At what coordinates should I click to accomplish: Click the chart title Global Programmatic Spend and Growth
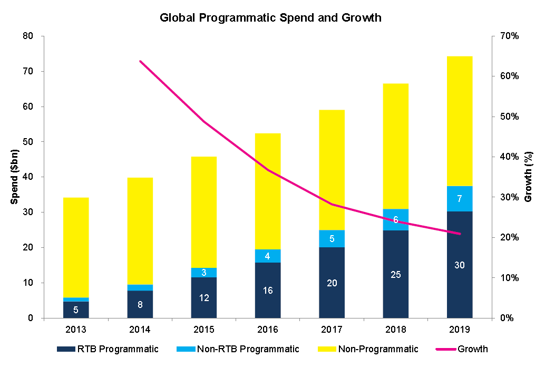pos(270,18)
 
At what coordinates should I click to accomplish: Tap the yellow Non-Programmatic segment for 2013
pos(76,248)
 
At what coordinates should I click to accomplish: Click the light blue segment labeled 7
pos(459,199)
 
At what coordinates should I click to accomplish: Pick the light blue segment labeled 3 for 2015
pos(204,272)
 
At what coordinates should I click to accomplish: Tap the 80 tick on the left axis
pos(27,36)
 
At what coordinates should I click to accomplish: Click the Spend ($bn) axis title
pos(15,177)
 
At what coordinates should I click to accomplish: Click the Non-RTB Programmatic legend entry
pos(240,349)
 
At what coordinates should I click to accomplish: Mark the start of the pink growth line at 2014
pos(140,61)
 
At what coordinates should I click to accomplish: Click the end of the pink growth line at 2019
pos(460,234)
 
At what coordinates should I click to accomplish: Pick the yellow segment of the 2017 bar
pos(332,170)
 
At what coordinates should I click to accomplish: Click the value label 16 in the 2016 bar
pos(268,291)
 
